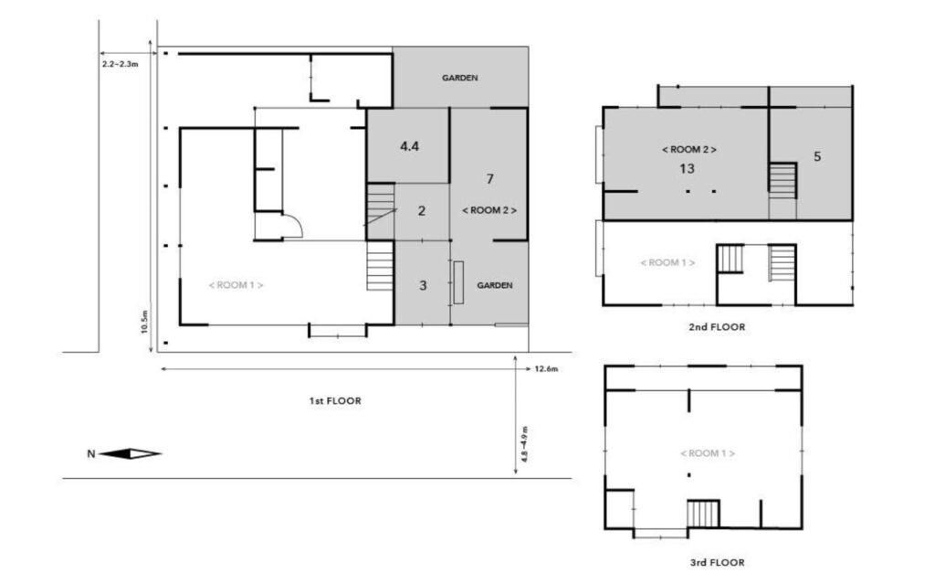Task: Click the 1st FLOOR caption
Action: [335, 400]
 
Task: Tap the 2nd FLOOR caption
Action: [717, 326]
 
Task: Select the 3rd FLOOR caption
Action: [718, 562]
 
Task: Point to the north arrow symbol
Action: [130, 454]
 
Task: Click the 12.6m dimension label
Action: [546, 369]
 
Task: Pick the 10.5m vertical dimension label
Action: [144, 322]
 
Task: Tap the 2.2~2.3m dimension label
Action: [120, 64]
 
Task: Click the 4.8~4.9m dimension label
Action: [524, 444]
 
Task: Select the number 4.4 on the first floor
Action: [410, 145]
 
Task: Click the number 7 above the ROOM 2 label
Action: [489, 178]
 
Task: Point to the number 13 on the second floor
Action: [687, 169]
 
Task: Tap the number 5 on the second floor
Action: [817, 156]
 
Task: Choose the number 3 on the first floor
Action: [423, 285]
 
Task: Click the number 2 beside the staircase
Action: [422, 211]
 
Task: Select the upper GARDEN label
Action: [460, 78]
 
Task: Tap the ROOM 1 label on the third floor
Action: [708, 453]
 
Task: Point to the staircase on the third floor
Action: [703, 514]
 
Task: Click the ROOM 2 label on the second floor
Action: [689, 149]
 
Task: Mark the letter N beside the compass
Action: [91, 454]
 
